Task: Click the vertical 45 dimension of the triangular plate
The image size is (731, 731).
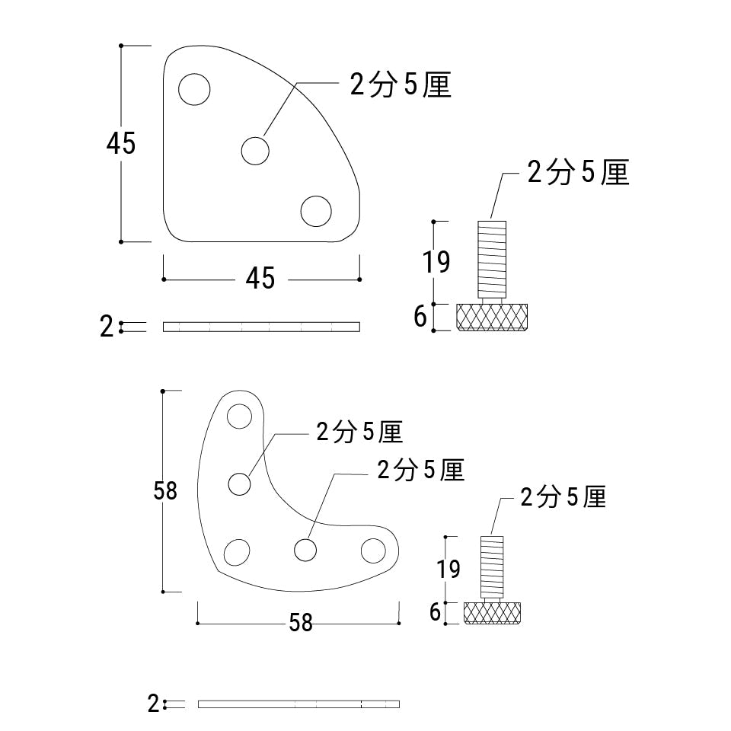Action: pyautogui.click(x=121, y=143)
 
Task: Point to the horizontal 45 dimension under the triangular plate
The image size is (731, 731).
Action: pyautogui.click(x=260, y=279)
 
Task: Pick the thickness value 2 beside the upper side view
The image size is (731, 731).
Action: pyautogui.click(x=107, y=327)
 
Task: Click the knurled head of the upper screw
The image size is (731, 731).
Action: pyautogui.click(x=492, y=317)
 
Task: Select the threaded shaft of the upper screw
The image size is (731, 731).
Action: pyautogui.click(x=492, y=259)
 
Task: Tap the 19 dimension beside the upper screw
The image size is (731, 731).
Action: pyautogui.click(x=436, y=262)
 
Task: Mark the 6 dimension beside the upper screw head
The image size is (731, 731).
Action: pyautogui.click(x=420, y=317)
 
